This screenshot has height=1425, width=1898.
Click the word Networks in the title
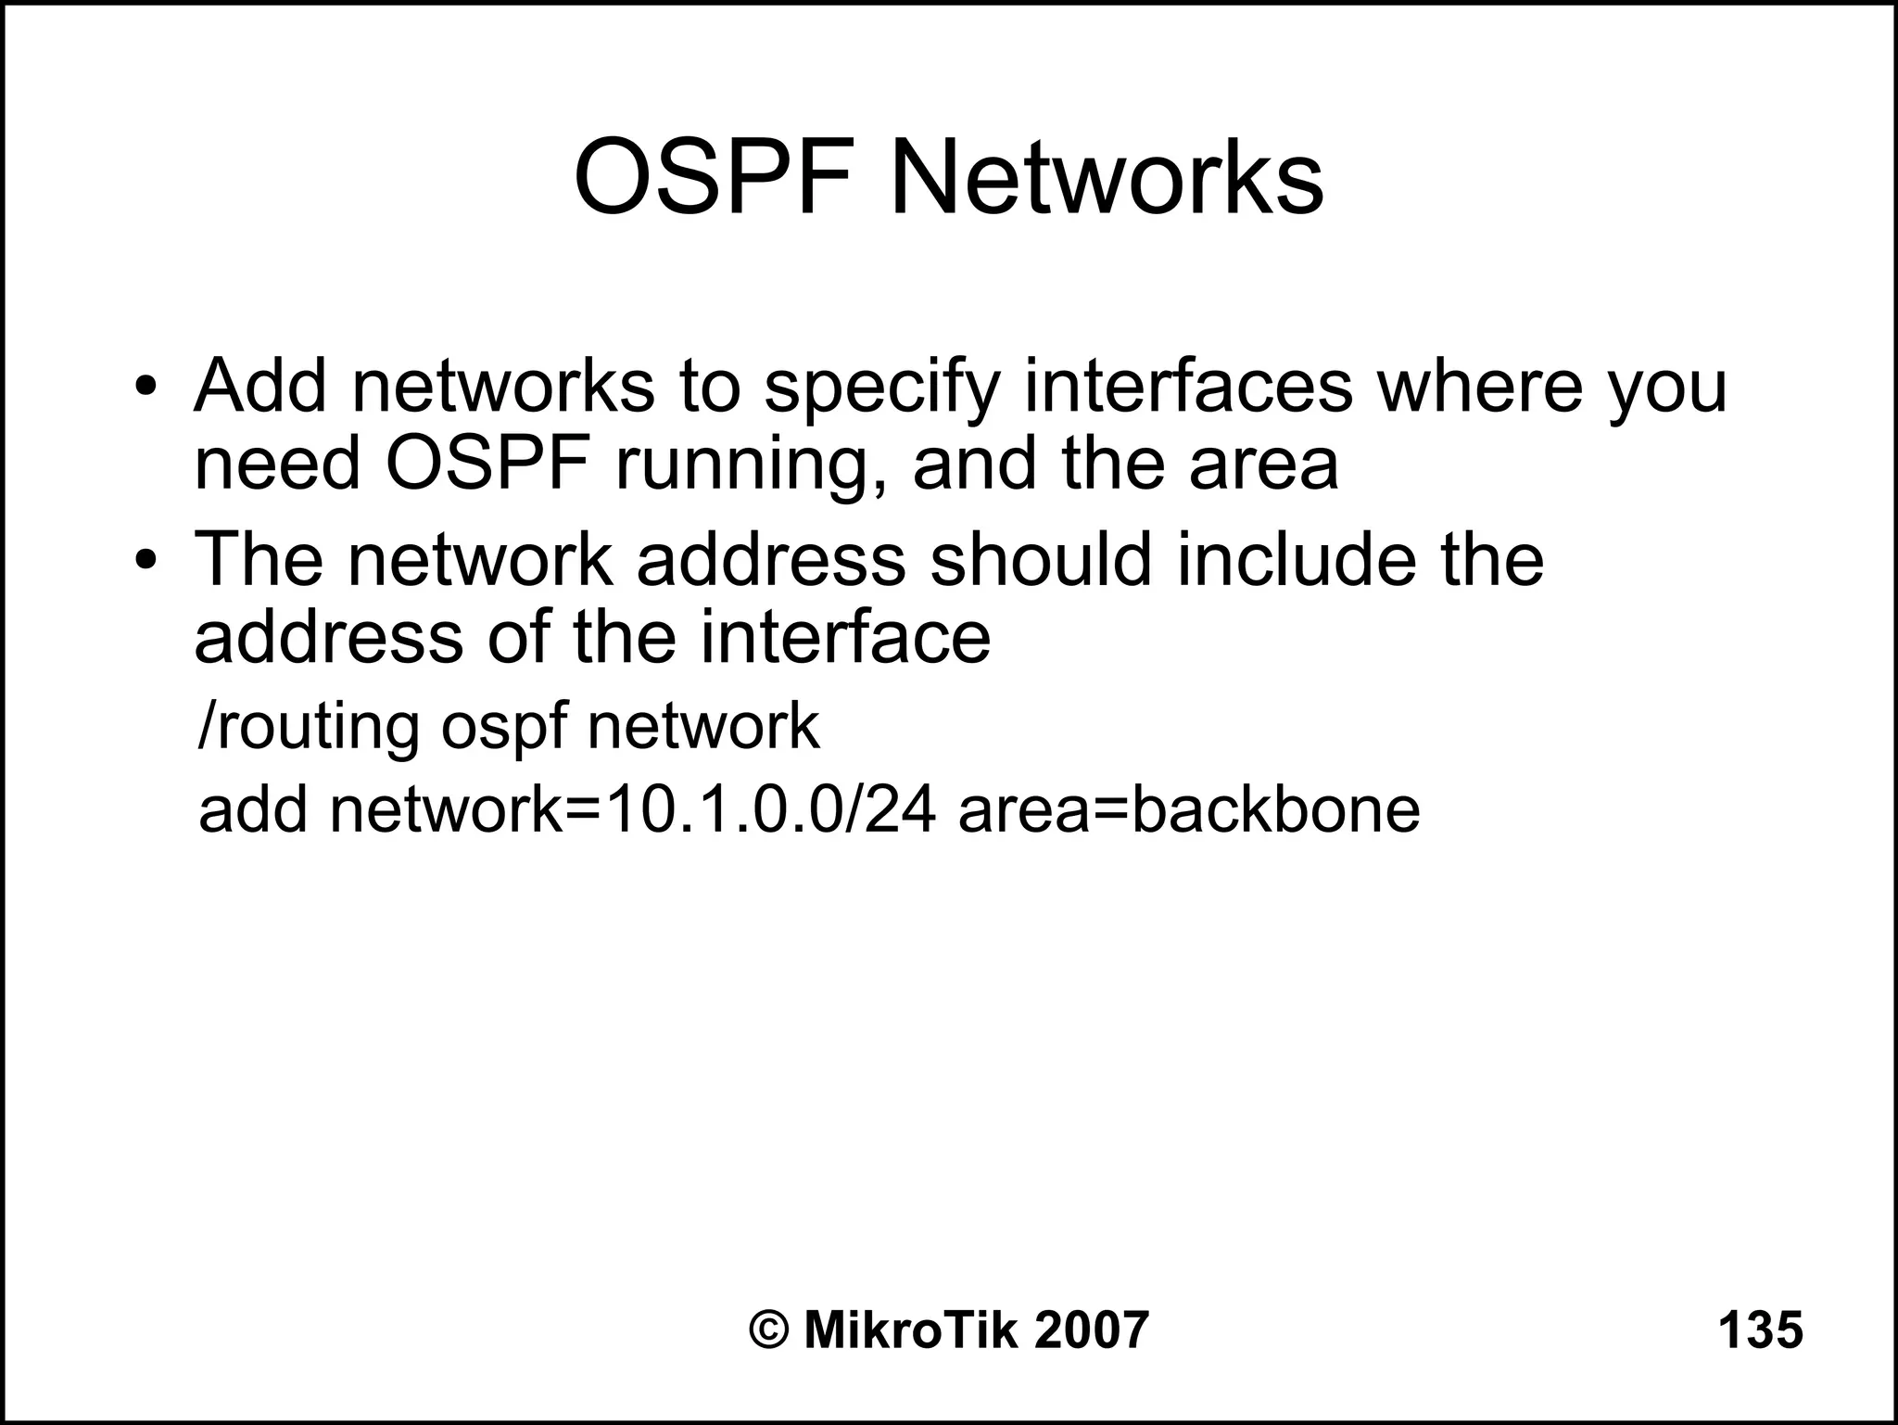(1107, 176)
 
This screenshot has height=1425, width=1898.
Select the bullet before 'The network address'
(146, 560)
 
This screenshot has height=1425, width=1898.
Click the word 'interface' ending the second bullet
(844, 638)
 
